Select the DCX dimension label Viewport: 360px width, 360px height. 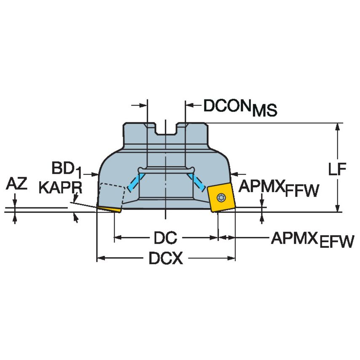166,258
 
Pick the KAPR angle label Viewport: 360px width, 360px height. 60,188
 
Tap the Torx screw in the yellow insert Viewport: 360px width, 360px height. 220,196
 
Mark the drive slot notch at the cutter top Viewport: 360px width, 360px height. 166,129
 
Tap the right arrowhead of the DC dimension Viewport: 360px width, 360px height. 215,238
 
